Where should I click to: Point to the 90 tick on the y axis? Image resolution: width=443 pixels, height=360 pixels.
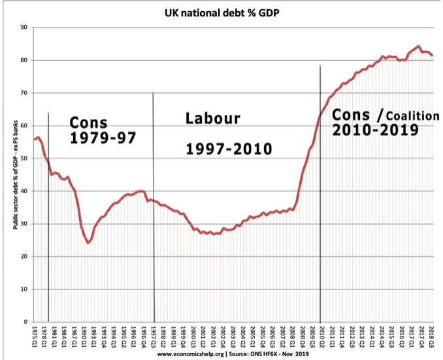[23, 27]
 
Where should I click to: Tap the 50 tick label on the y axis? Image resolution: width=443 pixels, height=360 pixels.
[23, 158]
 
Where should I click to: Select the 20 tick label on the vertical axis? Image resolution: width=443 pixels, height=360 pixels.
[23, 256]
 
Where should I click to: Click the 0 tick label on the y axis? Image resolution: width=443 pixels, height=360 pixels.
[25, 321]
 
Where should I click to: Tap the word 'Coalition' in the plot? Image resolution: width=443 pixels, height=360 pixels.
[413, 116]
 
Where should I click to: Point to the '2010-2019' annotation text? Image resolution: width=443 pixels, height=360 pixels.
[375, 129]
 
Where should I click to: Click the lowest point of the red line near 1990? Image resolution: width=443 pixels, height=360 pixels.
[88, 242]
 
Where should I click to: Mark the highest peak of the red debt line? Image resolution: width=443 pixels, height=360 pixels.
[418, 46]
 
